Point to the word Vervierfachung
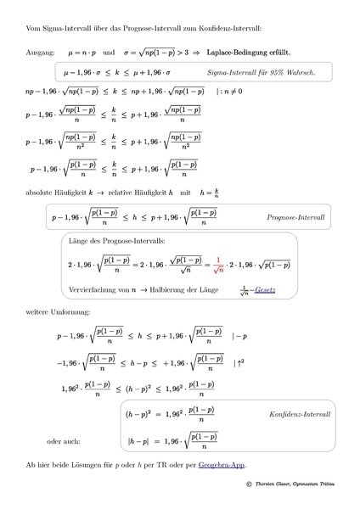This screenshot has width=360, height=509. pos(92,289)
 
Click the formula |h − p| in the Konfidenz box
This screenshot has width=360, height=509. pos(138,441)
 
